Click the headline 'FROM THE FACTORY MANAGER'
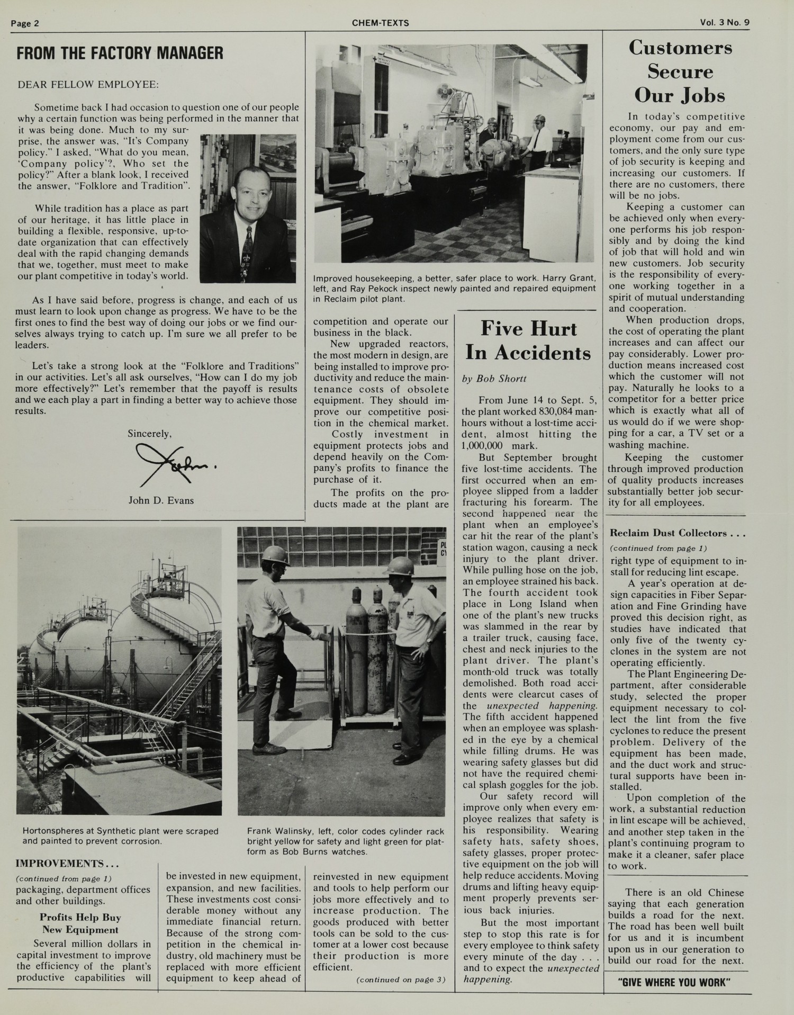coord(120,53)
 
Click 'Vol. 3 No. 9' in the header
coord(728,23)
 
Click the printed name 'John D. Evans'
coord(161,500)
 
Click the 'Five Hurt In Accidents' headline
coord(528,340)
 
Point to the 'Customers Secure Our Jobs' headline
coord(680,71)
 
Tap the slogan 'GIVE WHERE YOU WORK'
coord(674,983)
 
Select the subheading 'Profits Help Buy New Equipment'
coord(80,923)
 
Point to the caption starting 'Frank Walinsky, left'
coord(345,841)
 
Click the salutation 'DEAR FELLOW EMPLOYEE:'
coord(88,85)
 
